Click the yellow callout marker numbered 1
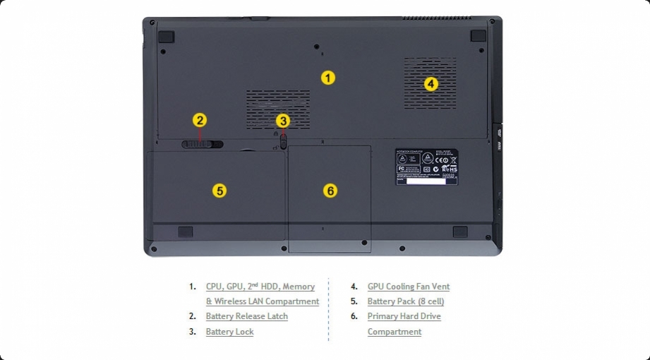click(x=327, y=78)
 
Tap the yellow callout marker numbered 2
click(x=200, y=121)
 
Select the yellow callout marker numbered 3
click(x=283, y=121)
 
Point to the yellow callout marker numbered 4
click(x=431, y=84)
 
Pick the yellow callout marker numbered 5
click(x=219, y=191)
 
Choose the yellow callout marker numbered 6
click(x=330, y=191)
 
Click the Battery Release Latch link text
click(x=247, y=316)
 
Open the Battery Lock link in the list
click(x=229, y=332)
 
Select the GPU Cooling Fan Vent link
click(x=408, y=287)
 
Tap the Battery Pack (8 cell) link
click(x=406, y=301)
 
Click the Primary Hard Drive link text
click(x=404, y=316)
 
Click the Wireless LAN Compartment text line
click(x=263, y=301)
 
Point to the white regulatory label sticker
click(x=426, y=167)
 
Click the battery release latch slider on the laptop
click(x=202, y=144)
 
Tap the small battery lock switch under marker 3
click(x=283, y=139)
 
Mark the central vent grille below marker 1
click(x=278, y=109)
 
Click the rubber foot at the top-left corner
click(x=166, y=35)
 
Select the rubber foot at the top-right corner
click(x=478, y=35)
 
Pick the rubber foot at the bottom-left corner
click(x=185, y=232)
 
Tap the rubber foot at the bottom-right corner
click(x=459, y=232)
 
